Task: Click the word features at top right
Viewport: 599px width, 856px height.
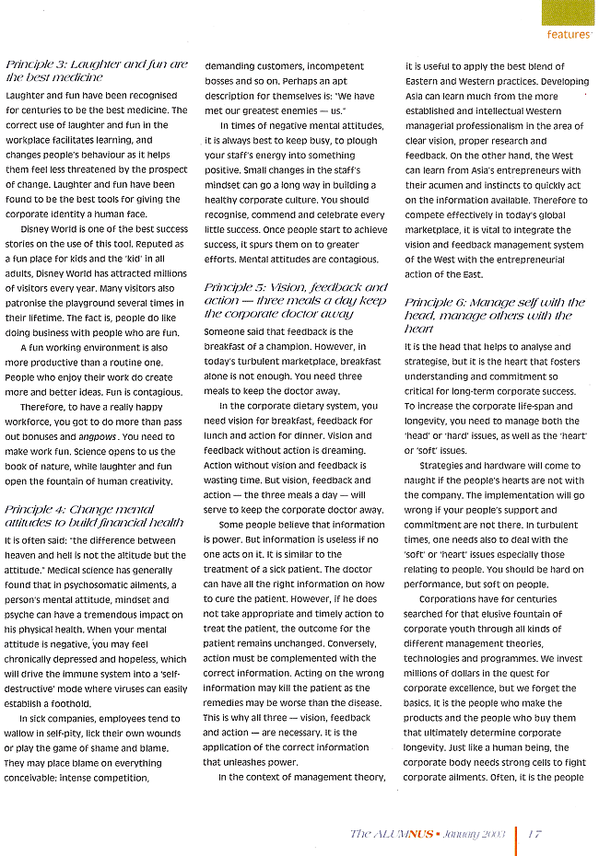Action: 567,35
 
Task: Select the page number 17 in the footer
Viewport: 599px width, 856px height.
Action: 535,834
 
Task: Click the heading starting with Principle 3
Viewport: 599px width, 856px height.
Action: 97,72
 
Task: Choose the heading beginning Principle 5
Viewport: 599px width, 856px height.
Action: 294,301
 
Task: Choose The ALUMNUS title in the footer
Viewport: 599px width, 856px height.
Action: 384,834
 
